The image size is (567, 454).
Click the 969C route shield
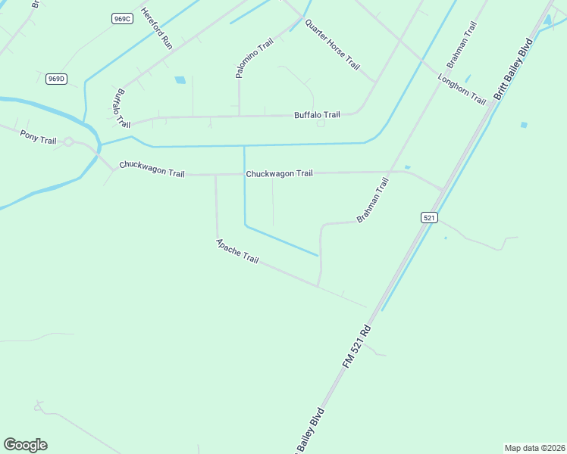[121, 18]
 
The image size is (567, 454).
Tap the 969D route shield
[55, 78]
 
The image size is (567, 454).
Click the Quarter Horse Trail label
[332, 44]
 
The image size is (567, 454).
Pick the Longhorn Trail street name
[462, 89]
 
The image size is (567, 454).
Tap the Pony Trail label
[39, 137]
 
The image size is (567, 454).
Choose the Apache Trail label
[237, 251]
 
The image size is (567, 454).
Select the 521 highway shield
[429, 217]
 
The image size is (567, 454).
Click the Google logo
[25, 445]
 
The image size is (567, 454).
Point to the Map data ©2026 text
[534, 448]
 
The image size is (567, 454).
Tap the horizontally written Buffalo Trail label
[318, 115]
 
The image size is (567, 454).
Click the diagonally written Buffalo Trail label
[121, 108]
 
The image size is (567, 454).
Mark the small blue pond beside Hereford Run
[180, 79]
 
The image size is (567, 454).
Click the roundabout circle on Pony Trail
[68, 141]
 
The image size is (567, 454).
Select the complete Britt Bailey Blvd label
[513, 69]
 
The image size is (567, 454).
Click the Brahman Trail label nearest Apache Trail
[373, 200]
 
